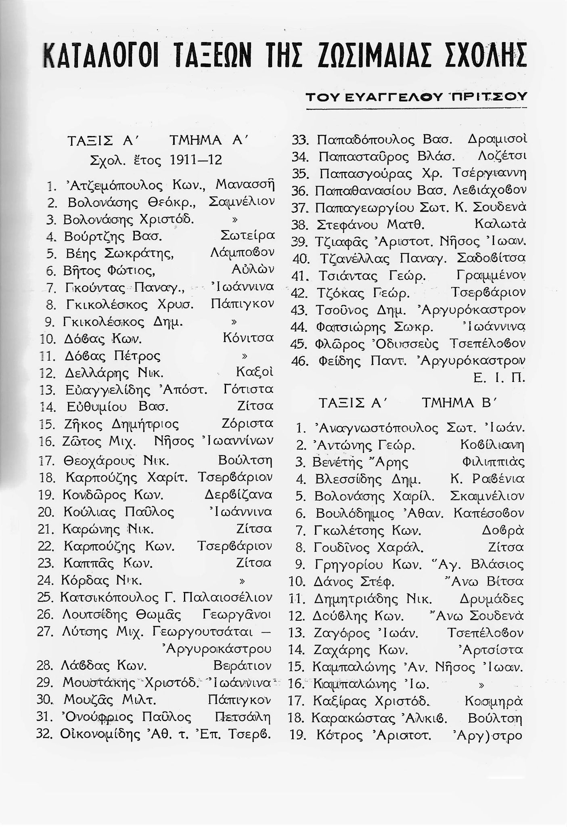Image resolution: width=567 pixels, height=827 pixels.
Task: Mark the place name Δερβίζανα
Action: coord(238,495)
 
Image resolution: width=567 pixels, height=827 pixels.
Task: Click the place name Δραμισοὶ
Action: coord(497,140)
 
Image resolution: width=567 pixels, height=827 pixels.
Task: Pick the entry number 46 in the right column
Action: coord(299,360)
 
